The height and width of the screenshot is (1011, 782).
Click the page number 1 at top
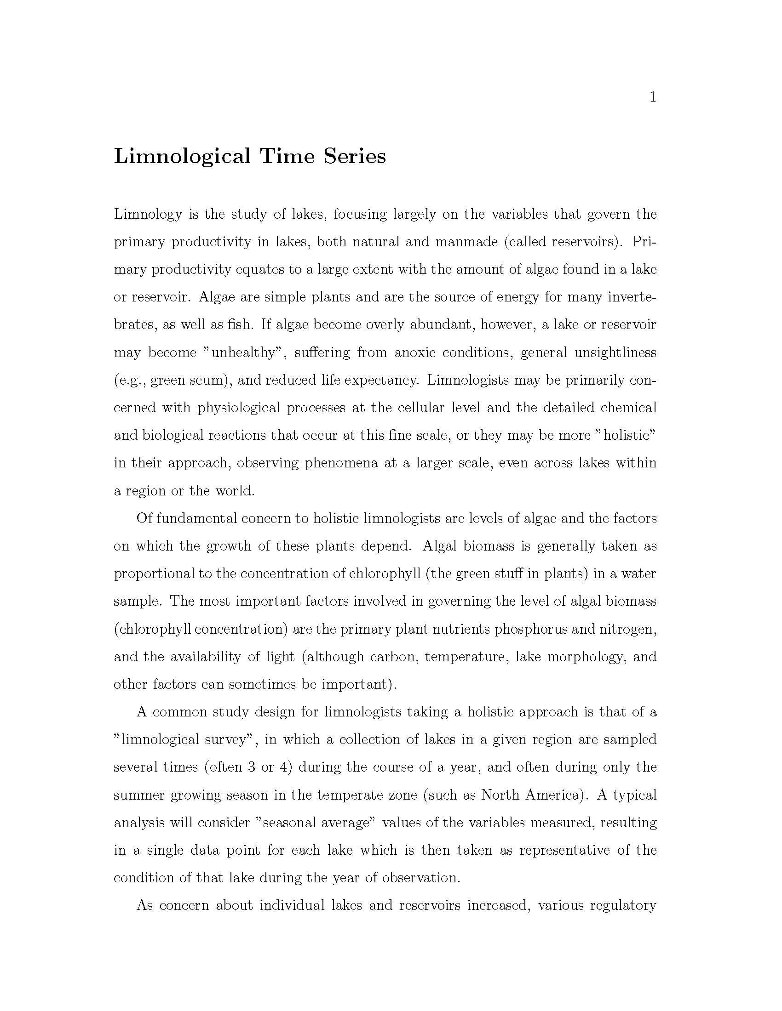point(653,97)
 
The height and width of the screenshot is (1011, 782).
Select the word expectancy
point(376,381)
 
